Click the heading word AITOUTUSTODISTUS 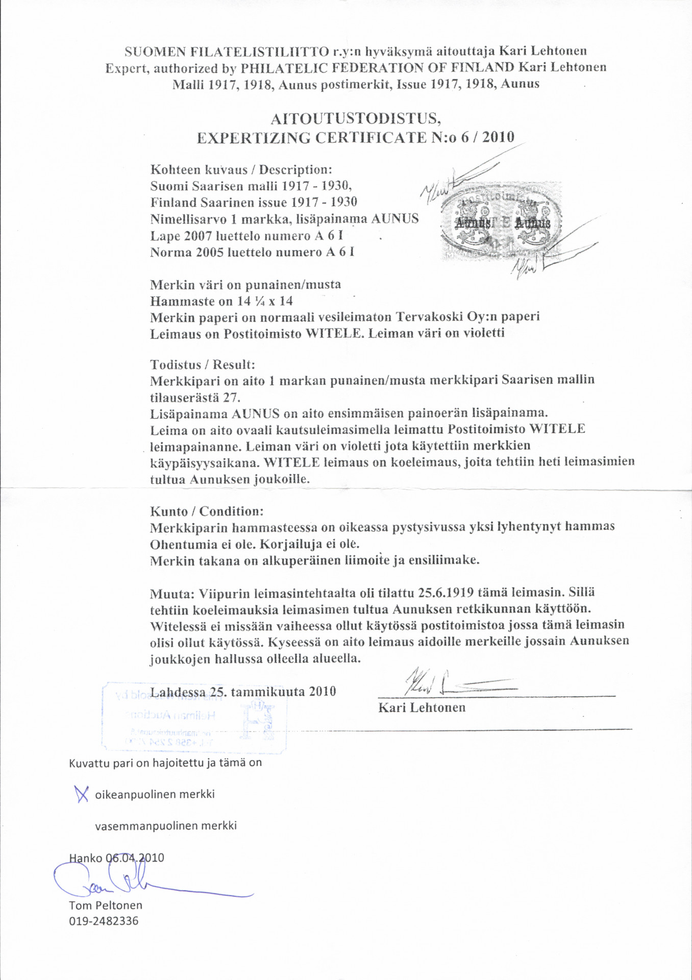pos(356,119)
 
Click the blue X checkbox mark pos(81,794)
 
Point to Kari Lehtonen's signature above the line pos(449,684)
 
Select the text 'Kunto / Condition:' pos(207,511)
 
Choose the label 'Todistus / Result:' pos(202,364)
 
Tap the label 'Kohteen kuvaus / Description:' pos(241,169)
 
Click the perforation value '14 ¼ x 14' pos(265,301)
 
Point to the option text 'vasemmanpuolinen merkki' pos(165,826)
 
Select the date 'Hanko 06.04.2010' pos(116,857)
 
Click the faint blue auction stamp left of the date pos(194,717)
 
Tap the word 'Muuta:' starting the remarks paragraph pos(172,594)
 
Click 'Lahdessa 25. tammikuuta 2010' pos(243,692)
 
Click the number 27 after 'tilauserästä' pos(232,397)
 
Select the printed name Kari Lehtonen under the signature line pos(422,707)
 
